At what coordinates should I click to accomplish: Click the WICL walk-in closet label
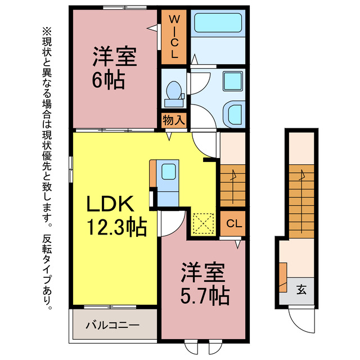174,37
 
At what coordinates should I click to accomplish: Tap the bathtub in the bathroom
217,24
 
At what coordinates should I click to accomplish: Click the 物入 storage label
174,120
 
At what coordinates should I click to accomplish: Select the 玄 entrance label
301,290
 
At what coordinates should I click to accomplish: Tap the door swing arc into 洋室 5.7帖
173,225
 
